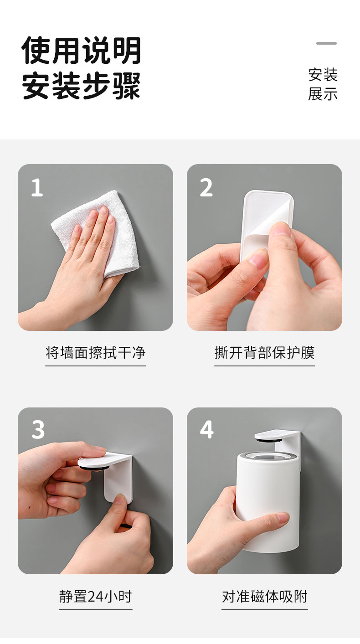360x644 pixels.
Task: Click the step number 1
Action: tap(37, 187)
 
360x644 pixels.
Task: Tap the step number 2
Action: tap(206, 187)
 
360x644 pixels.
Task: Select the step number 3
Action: tap(38, 429)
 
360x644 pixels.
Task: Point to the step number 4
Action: tap(207, 429)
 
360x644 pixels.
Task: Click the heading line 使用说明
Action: tap(82, 51)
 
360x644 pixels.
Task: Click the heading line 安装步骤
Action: tap(82, 85)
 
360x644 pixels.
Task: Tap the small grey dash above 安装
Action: tap(326, 43)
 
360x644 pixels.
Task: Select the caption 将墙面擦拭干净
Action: tap(95, 352)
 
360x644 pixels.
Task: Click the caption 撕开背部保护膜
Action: tap(265, 352)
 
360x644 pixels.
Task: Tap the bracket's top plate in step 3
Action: tap(104, 459)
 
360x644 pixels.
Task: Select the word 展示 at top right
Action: tap(323, 94)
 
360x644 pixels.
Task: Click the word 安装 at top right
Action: tap(323, 75)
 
